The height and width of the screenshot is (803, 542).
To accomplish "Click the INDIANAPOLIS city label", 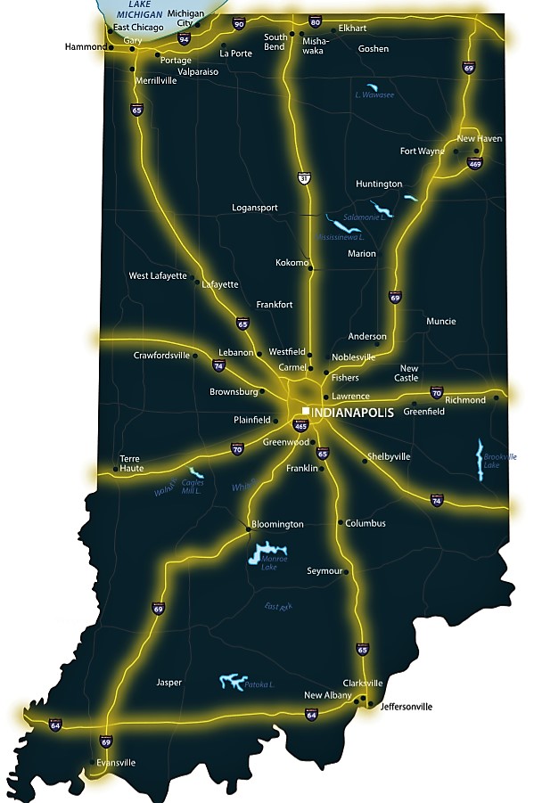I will coord(352,412).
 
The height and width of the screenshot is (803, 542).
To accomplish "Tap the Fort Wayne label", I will coord(422,151).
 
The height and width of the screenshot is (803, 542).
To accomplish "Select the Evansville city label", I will coord(116,763).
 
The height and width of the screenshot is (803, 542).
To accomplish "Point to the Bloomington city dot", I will coord(248,530).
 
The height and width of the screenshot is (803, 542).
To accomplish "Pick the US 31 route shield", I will coord(304,179).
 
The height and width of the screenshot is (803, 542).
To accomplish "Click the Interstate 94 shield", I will coord(184,39).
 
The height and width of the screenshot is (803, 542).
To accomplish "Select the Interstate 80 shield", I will coord(315,21).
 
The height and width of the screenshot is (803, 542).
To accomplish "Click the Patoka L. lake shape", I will coord(231,682).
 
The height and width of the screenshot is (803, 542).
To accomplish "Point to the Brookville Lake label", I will coord(499,461).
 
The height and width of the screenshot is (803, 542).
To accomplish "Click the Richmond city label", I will coord(465,400).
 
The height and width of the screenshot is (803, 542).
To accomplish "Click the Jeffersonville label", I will coord(406,707).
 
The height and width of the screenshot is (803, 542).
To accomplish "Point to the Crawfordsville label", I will coord(161,355).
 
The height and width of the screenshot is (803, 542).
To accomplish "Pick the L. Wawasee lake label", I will coord(374,94).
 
